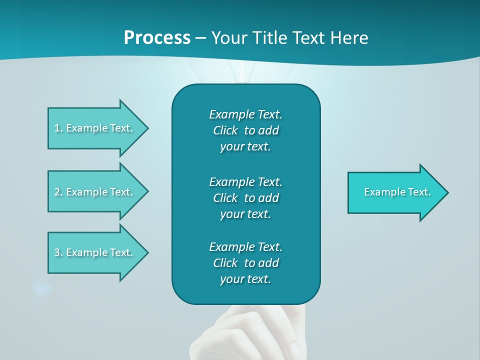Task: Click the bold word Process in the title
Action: pos(157,38)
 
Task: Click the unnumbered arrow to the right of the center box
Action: pos(395,192)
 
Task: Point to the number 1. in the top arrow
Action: pos(58,128)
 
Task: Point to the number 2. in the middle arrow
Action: pos(58,192)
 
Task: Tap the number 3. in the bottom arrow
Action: pos(58,252)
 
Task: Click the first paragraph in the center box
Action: pos(245,130)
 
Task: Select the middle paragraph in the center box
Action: pos(245,197)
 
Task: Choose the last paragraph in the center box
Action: pos(245,263)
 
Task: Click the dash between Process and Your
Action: pos(200,38)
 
